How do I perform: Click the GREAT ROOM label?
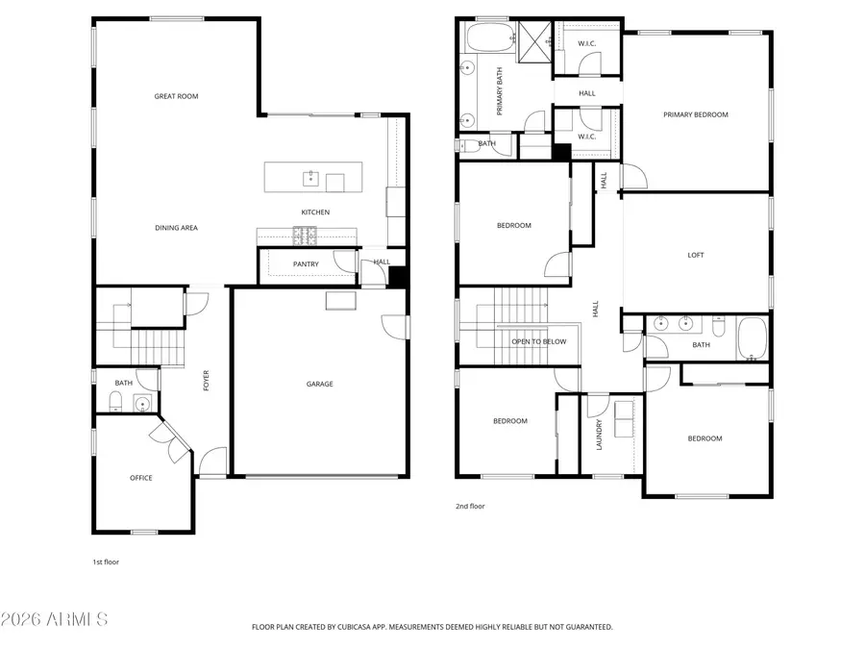[x=176, y=96]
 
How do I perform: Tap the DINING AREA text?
[x=176, y=228]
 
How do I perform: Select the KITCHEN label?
[x=315, y=212]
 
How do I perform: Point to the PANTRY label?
[x=306, y=263]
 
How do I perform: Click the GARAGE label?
[x=320, y=384]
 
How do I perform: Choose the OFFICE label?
[x=141, y=478]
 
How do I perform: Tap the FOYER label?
[x=206, y=381]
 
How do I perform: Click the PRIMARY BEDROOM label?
[x=695, y=114]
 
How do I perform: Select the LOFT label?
[x=695, y=255]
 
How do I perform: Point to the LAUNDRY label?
[x=600, y=435]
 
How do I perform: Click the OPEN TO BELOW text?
[x=538, y=341]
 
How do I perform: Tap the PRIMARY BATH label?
[x=500, y=96]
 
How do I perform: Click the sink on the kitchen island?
[x=310, y=178]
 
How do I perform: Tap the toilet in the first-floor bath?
[x=115, y=402]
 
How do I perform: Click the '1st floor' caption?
[x=106, y=562]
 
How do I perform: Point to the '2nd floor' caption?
[x=470, y=506]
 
